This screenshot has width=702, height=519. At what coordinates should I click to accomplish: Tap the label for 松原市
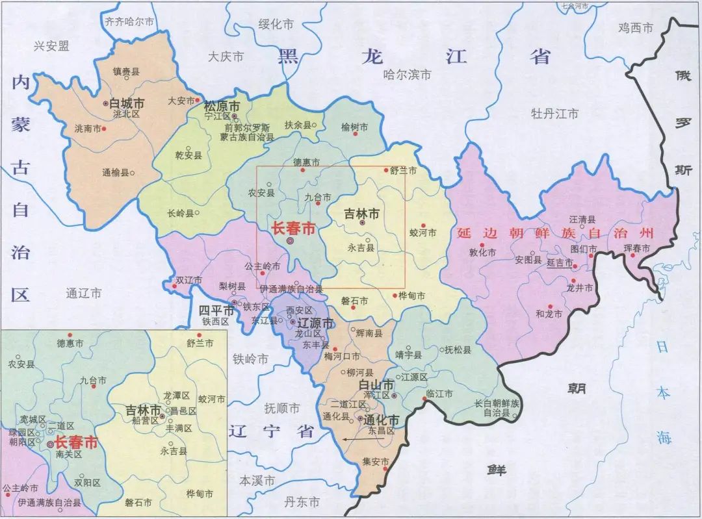(222, 106)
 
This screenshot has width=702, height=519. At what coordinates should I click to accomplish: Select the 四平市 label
(216, 310)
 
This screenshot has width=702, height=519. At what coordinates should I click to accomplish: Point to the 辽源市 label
(315, 323)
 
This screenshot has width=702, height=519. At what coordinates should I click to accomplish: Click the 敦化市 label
(482, 252)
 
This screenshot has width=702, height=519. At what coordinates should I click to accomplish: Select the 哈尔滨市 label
(407, 75)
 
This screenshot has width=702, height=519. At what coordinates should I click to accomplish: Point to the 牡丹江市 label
(554, 114)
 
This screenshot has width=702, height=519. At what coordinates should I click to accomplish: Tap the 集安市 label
(375, 462)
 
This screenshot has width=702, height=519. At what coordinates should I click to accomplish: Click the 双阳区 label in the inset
(87, 483)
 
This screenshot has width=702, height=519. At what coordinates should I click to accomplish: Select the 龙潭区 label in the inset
(176, 396)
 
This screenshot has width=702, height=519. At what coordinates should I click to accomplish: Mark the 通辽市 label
(84, 293)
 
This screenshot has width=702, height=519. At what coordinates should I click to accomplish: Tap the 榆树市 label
(354, 127)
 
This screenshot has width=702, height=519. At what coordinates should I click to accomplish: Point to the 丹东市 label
(302, 502)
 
